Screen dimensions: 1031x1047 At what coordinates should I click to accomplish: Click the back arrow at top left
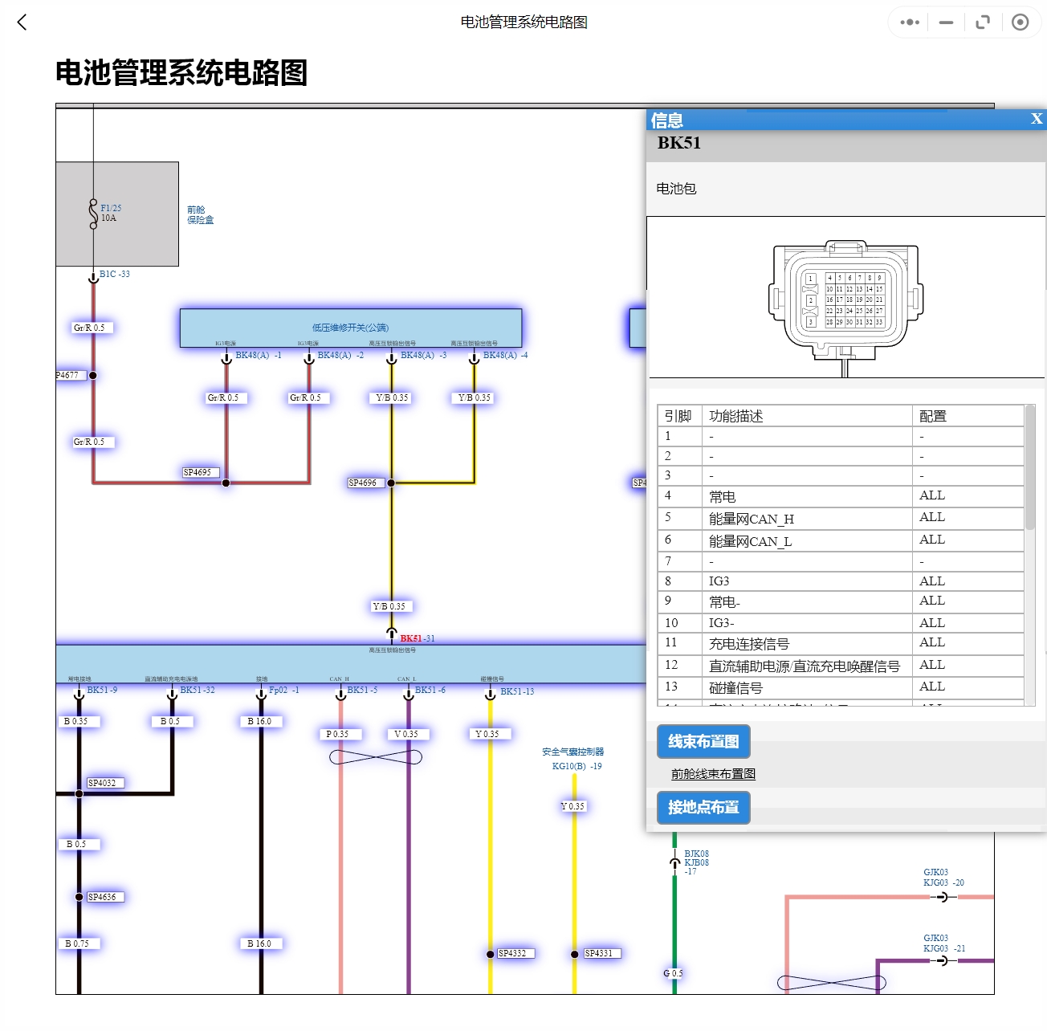click(22, 22)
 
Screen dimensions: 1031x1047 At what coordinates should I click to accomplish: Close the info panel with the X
click(1037, 119)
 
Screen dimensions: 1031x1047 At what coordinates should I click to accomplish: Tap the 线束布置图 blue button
click(703, 741)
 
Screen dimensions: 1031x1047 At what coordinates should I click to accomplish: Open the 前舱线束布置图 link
click(713, 774)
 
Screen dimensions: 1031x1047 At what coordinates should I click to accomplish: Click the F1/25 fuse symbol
click(94, 213)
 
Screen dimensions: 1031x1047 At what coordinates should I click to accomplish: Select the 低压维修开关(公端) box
click(350, 328)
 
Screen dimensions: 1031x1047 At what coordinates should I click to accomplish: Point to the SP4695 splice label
click(198, 472)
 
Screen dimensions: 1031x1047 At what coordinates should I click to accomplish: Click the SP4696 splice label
click(363, 483)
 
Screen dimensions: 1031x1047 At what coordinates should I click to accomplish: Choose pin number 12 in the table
click(671, 665)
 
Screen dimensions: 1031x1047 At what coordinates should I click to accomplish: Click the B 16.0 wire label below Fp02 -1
click(259, 721)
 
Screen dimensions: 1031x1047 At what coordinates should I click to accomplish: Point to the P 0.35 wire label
click(337, 734)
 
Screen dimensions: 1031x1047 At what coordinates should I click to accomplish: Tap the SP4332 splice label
click(512, 953)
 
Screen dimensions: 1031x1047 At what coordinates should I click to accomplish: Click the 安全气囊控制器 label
click(572, 752)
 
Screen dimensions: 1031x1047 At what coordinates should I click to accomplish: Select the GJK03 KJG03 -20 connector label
click(943, 878)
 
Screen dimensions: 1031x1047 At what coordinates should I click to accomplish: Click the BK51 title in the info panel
click(679, 143)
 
